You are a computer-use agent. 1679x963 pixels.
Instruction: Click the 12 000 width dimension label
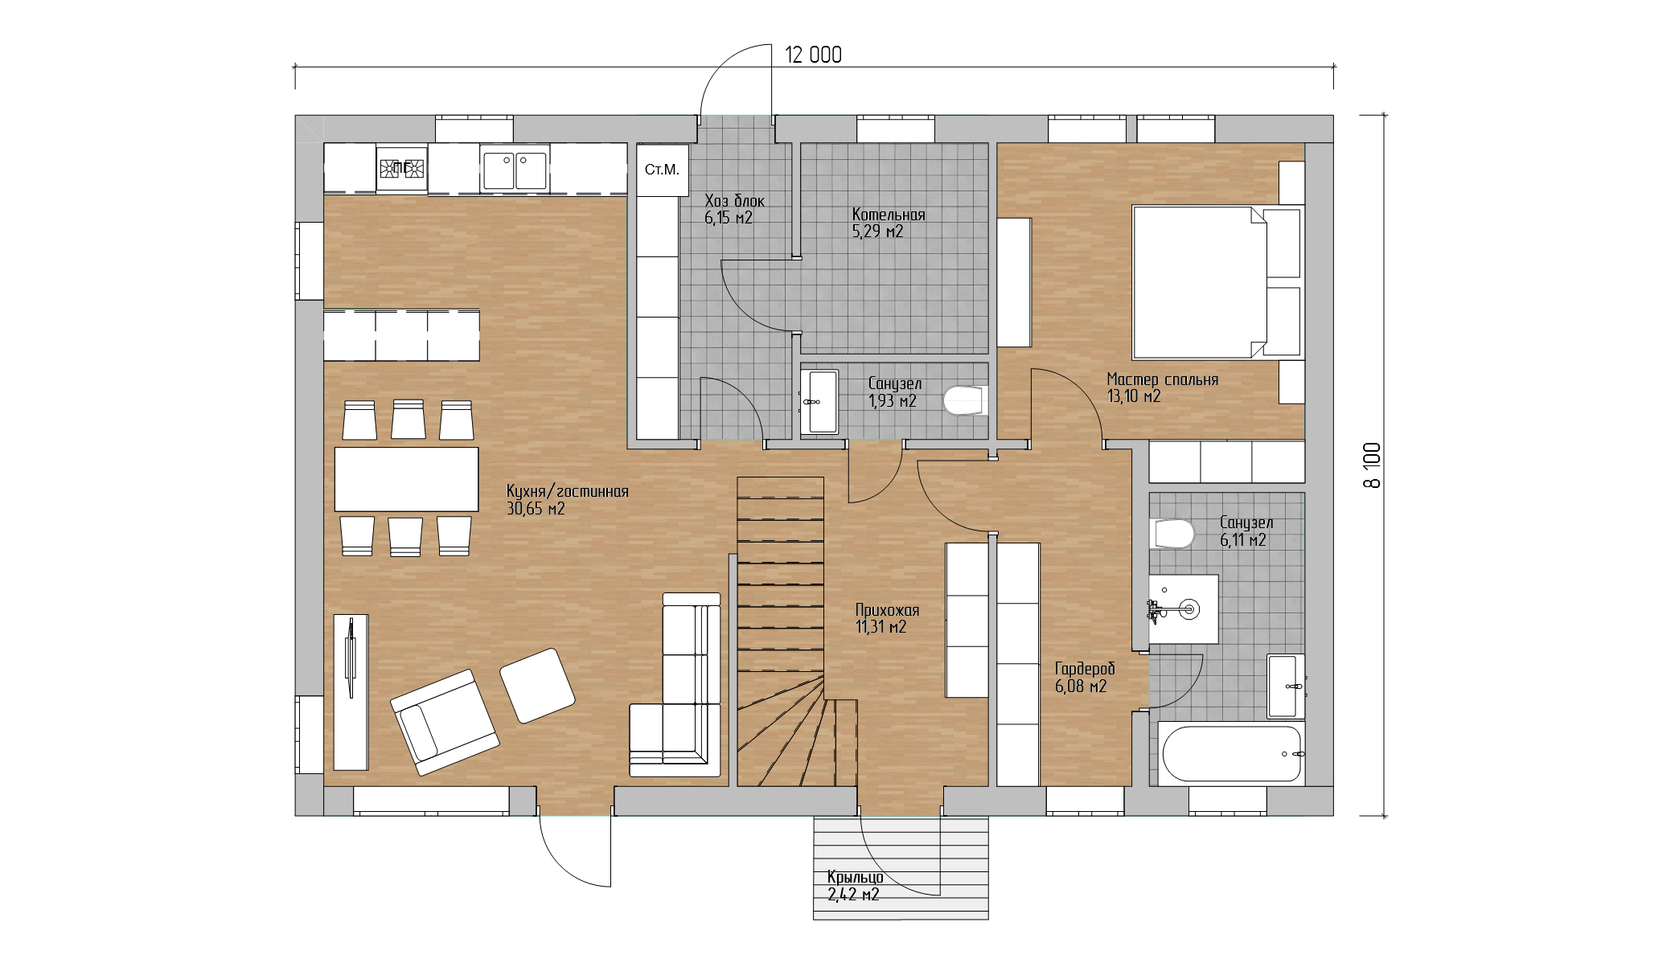click(813, 55)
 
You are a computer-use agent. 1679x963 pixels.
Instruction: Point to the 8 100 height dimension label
click(1372, 465)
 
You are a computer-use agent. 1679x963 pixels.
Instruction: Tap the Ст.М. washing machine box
click(663, 170)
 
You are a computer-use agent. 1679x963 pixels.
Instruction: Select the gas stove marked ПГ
click(401, 168)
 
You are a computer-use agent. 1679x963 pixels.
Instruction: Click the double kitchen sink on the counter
click(515, 169)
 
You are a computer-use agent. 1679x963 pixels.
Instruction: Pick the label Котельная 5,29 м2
click(889, 223)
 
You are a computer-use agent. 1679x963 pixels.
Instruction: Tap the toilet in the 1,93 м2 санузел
click(964, 400)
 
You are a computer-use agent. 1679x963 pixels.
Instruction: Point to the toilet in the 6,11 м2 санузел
click(1173, 534)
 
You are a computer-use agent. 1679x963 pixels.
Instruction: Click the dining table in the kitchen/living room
click(406, 479)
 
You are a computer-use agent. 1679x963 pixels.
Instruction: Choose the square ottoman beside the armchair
click(537, 686)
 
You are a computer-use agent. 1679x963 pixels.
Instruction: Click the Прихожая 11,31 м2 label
click(887, 618)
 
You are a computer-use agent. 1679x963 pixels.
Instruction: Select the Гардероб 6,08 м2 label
click(1085, 677)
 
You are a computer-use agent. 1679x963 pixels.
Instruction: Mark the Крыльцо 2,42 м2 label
click(855, 885)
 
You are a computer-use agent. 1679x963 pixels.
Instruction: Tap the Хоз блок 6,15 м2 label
click(734, 209)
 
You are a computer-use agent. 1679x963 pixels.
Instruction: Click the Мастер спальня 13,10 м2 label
click(1162, 387)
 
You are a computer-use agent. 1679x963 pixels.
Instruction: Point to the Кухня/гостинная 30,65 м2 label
click(567, 499)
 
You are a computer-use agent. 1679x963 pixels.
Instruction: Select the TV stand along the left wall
click(351, 692)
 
